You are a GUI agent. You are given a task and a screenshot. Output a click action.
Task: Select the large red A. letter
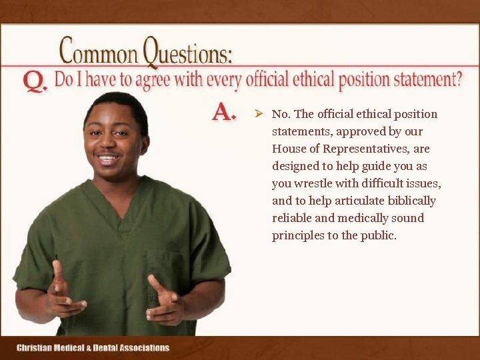click(x=224, y=113)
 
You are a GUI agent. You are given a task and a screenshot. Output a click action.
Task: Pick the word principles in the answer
click(x=298, y=235)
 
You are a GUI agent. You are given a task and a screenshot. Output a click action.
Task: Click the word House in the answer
click(x=288, y=149)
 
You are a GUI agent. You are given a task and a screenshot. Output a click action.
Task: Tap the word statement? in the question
click(x=427, y=81)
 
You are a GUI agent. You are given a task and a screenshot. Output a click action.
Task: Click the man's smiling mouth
click(x=109, y=159)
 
